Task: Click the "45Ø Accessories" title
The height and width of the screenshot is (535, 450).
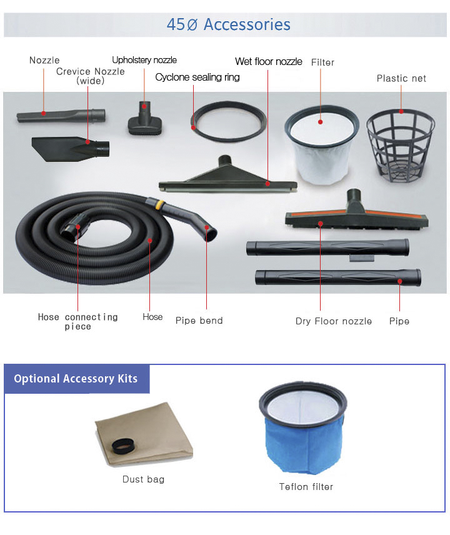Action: [x=228, y=24]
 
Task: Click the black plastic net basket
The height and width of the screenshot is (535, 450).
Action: [x=401, y=146]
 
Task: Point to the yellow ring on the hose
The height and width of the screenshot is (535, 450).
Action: [x=159, y=205]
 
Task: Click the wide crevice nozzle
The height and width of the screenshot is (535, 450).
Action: [x=71, y=148]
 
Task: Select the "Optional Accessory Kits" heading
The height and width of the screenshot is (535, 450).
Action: [x=76, y=379]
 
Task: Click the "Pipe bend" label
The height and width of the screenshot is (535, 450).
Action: [x=199, y=321]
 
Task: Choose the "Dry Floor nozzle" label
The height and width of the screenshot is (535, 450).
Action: [x=334, y=321]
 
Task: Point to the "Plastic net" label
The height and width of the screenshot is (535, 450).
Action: [x=401, y=79]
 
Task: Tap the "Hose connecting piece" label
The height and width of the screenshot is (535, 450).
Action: [x=77, y=321]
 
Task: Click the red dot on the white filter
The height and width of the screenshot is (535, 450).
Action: [x=321, y=122]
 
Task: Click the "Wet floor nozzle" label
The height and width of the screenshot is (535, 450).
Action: [x=269, y=61]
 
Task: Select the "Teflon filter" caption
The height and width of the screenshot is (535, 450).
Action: [x=306, y=486]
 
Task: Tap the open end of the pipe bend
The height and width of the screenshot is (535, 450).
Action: [x=211, y=235]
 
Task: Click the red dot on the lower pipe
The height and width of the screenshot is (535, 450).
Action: [x=400, y=281]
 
